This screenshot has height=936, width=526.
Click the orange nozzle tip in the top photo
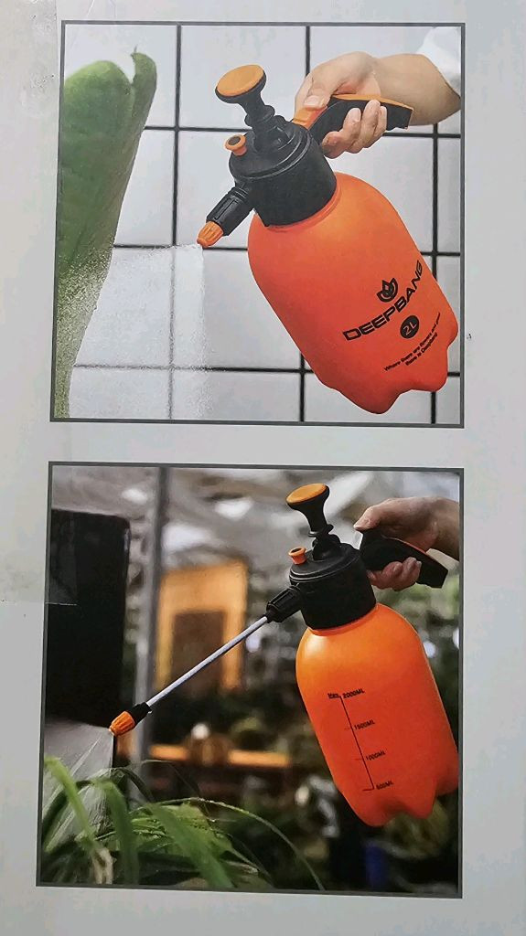click(x=209, y=234)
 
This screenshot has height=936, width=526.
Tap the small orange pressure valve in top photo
click(x=237, y=144)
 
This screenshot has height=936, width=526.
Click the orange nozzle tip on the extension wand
click(x=122, y=723)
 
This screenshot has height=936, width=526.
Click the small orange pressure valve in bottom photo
click(x=298, y=555)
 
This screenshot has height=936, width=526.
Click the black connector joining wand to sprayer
click(x=283, y=604)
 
